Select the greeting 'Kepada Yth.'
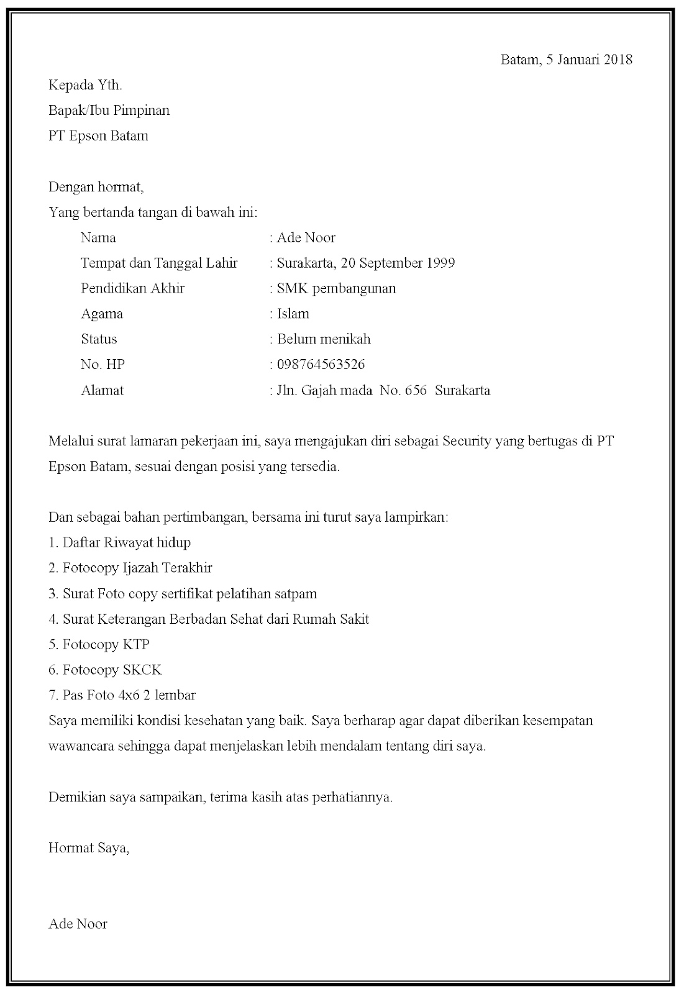[x=85, y=85]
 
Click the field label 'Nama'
[x=98, y=238]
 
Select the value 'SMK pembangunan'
[x=336, y=288]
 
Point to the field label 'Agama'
[x=102, y=314]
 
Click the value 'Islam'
[x=293, y=314]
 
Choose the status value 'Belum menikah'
[x=324, y=339]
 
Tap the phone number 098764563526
[x=321, y=365]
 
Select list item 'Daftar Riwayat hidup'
[x=127, y=542]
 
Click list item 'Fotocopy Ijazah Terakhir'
[x=137, y=568]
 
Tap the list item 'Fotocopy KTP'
[x=106, y=644]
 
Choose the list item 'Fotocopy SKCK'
[x=112, y=670]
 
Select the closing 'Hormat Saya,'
[x=89, y=848]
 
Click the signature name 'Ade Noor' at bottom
[x=78, y=924]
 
